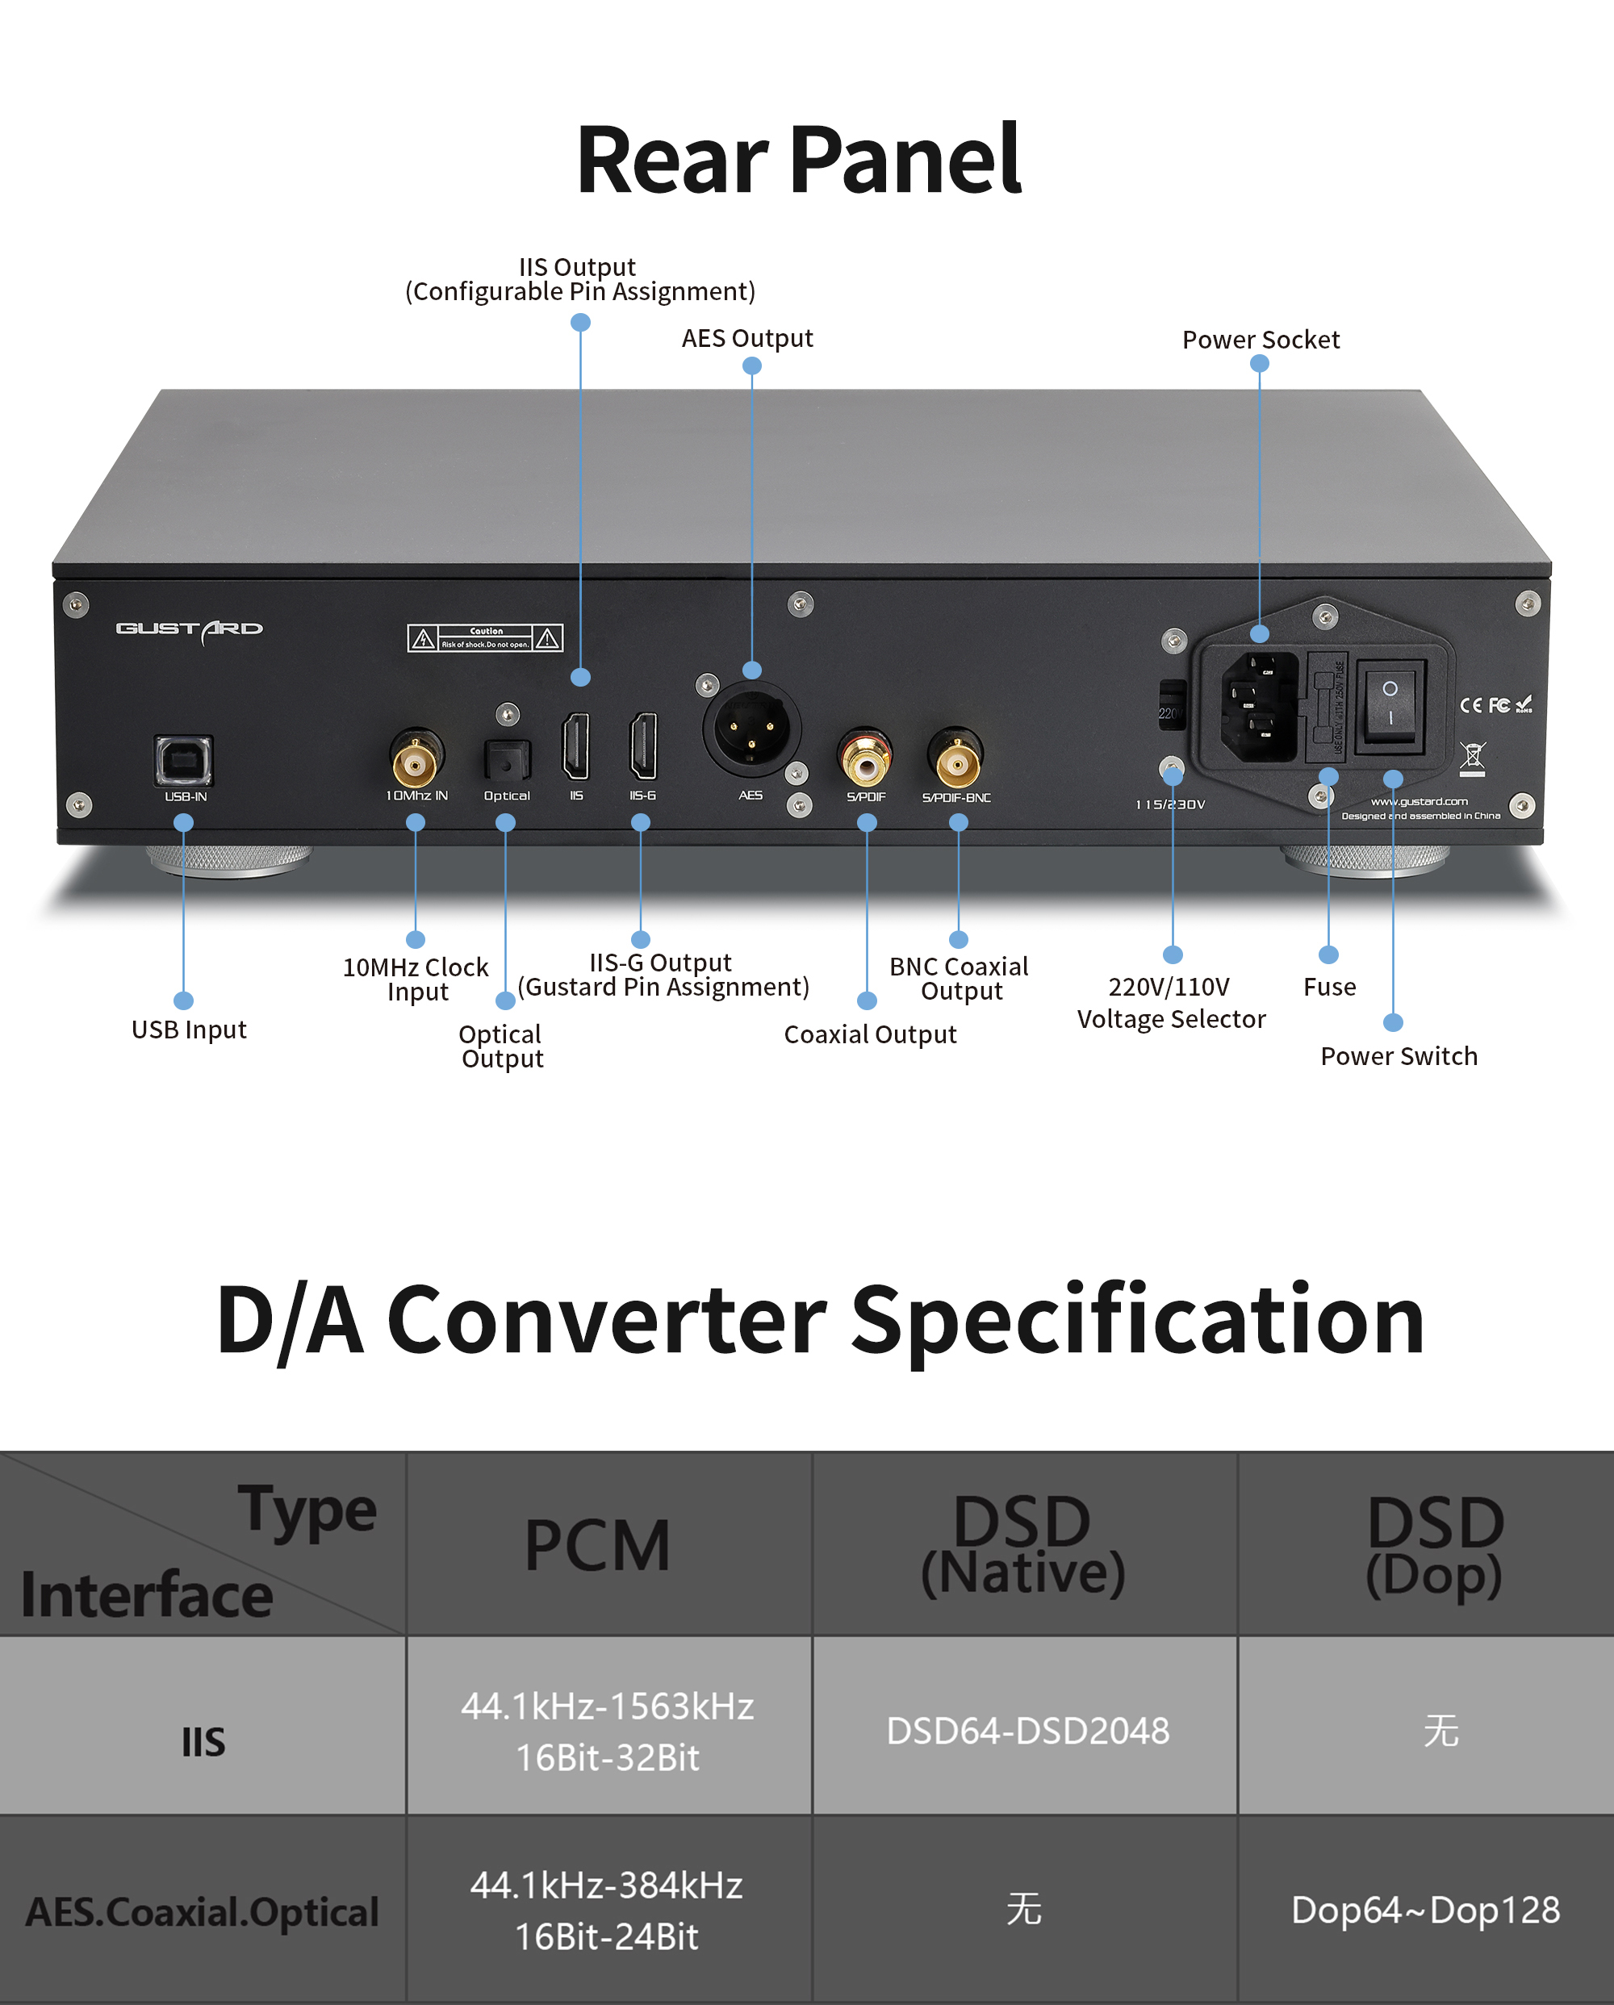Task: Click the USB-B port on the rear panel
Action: tap(183, 760)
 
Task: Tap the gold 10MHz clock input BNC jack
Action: tap(415, 762)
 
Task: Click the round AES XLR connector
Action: tap(751, 730)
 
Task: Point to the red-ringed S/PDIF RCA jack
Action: tap(865, 762)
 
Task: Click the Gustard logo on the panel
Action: tap(189, 629)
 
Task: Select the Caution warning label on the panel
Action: tap(485, 638)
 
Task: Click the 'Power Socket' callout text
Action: tap(1261, 340)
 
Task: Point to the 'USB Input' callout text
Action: tap(189, 1030)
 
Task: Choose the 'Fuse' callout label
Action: tap(1329, 987)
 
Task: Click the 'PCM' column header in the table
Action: tap(597, 1546)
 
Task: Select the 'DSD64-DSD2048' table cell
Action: tap(1027, 1731)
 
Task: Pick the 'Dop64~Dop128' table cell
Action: tap(1425, 1910)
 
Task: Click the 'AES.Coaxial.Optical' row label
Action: tap(202, 1912)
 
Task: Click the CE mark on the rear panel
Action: tap(1470, 705)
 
